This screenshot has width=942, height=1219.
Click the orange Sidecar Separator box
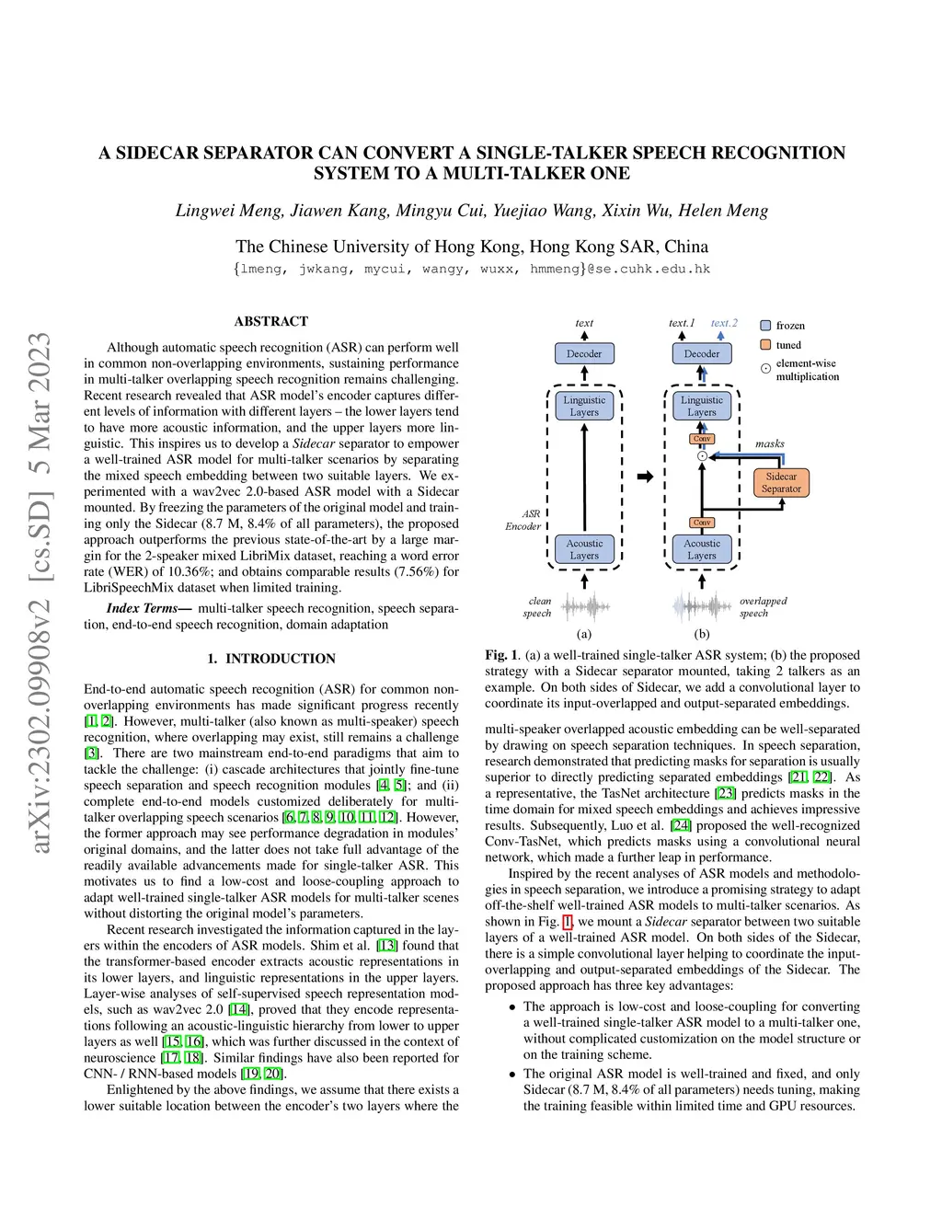click(781, 482)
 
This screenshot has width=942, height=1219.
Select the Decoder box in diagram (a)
click(584, 353)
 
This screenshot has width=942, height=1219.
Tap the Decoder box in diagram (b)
click(702, 353)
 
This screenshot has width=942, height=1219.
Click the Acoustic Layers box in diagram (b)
click(702, 549)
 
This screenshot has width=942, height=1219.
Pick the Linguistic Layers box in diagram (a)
click(584, 406)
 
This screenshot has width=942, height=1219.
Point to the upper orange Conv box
click(702, 439)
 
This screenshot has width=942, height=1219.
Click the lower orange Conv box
click(702, 523)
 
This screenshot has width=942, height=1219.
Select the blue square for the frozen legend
click(765, 326)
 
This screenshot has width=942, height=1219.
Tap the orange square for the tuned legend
click(765, 345)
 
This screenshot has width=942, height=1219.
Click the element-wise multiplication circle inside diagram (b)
click(702, 455)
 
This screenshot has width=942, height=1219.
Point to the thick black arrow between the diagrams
click(645, 477)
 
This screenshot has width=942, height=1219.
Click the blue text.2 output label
click(724, 323)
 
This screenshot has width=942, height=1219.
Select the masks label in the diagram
click(770, 443)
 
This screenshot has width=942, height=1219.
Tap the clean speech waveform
click(585, 606)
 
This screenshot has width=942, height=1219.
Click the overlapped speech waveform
click(702, 606)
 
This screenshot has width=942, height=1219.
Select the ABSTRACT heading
click(271, 321)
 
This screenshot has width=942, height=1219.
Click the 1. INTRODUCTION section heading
click(271, 659)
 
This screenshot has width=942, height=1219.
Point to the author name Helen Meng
click(723, 211)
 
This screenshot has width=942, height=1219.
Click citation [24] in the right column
click(680, 825)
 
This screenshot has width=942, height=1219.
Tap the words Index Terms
click(142, 608)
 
